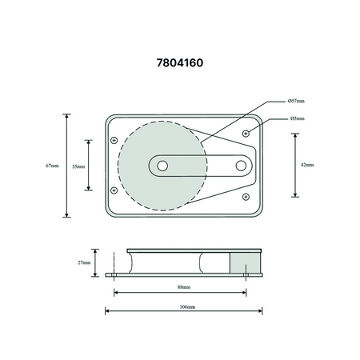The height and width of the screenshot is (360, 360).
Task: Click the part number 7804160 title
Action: click(x=180, y=63)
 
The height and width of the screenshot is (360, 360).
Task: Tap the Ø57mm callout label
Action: click(x=296, y=101)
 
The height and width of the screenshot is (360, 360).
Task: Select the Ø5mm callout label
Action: click(x=298, y=118)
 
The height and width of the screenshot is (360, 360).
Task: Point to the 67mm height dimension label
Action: click(x=52, y=166)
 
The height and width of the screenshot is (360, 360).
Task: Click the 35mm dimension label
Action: click(x=78, y=166)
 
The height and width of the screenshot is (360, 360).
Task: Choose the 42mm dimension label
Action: click(x=307, y=165)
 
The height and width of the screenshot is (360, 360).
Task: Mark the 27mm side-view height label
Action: click(x=84, y=262)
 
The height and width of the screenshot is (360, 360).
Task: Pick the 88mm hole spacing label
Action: click(x=184, y=287)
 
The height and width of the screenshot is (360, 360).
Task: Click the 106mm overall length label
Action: click(x=187, y=307)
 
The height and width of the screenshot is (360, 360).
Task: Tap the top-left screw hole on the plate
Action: click(x=114, y=140)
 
